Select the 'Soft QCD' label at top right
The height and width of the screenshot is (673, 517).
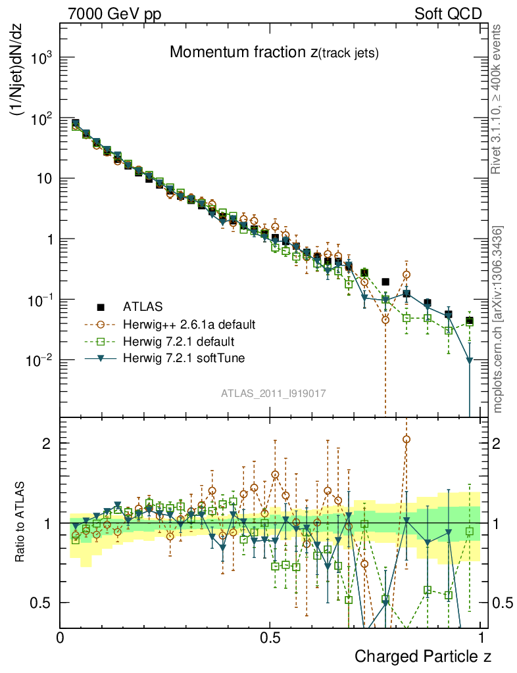448,13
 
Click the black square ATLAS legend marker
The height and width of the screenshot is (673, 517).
101,307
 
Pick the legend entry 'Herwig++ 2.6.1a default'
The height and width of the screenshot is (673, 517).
189,325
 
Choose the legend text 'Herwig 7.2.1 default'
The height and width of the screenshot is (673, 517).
178,342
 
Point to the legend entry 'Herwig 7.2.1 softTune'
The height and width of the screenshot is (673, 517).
182,359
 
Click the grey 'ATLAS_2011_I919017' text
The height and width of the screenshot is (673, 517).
274,393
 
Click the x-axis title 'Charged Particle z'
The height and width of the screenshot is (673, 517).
423,656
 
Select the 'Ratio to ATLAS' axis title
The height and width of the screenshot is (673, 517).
21,522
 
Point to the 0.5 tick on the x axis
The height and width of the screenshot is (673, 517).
270,638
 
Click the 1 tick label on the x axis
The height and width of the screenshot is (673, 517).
481,638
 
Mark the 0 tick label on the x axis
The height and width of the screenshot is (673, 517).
61,638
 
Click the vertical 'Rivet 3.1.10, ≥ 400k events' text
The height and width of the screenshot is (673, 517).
497,100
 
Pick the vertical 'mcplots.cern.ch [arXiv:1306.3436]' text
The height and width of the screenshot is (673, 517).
498,319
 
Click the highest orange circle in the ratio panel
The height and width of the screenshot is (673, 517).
406,439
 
